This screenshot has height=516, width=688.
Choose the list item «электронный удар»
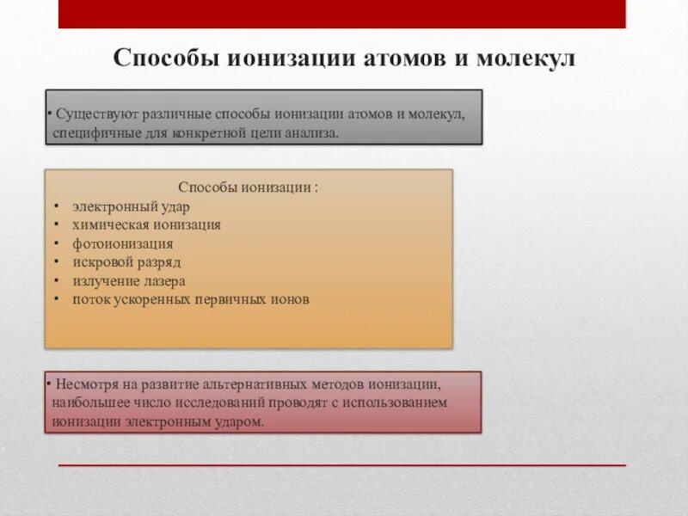131,206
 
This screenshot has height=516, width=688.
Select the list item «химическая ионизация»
146,225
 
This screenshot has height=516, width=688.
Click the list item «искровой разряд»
126,262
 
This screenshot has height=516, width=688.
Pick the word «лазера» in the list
165,281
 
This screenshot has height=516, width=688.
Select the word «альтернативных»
248,384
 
